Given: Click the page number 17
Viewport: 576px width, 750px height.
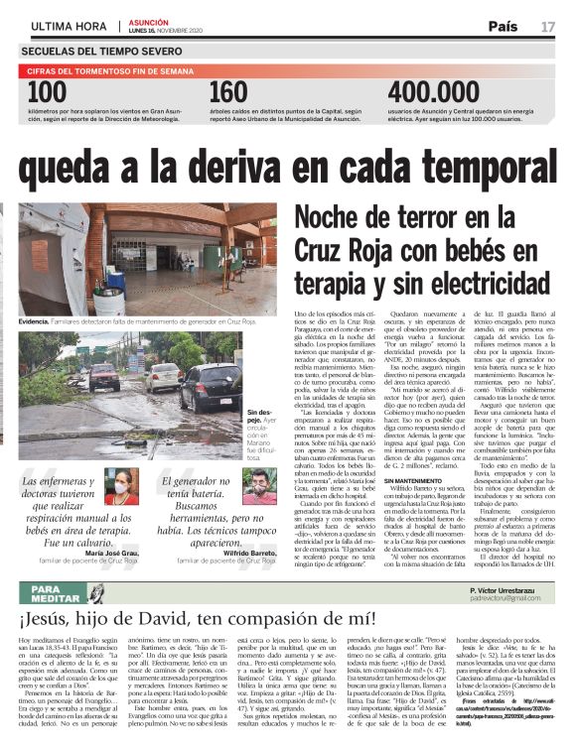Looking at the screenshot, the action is (547, 25).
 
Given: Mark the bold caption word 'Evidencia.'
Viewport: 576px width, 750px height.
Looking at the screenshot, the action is (38, 321).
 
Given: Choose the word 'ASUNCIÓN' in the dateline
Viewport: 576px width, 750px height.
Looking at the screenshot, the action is (148, 20).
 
